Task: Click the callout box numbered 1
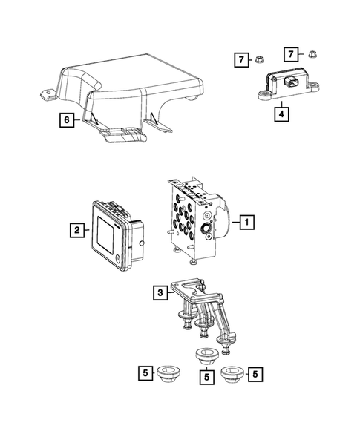(x=248, y=220)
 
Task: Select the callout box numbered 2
(x=76, y=231)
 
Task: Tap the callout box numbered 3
(x=159, y=293)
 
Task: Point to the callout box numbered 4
(x=281, y=114)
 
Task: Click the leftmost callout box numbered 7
(x=240, y=58)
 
